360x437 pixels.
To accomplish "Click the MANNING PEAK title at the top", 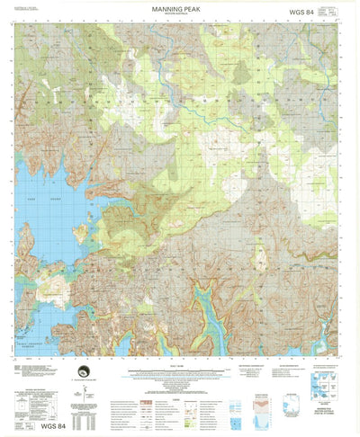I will click(x=180, y=8).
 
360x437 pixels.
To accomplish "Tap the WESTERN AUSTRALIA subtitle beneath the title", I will click(x=180, y=15).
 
